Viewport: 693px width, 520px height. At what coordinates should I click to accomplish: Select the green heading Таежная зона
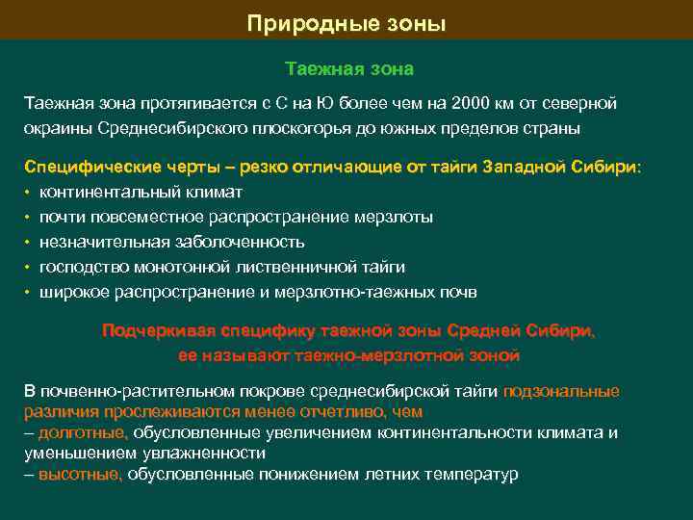[x=349, y=69]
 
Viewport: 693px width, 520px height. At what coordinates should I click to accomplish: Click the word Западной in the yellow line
[x=535, y=167]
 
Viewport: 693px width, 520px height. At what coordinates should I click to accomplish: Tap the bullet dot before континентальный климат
[x=29, y=193]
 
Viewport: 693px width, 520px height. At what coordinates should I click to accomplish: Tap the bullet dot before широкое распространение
[x=29, y=293]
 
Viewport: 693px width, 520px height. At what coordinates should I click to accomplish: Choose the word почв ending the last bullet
[x=459, y=292]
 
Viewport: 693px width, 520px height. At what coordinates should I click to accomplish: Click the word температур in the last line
[x=472, y=475]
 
